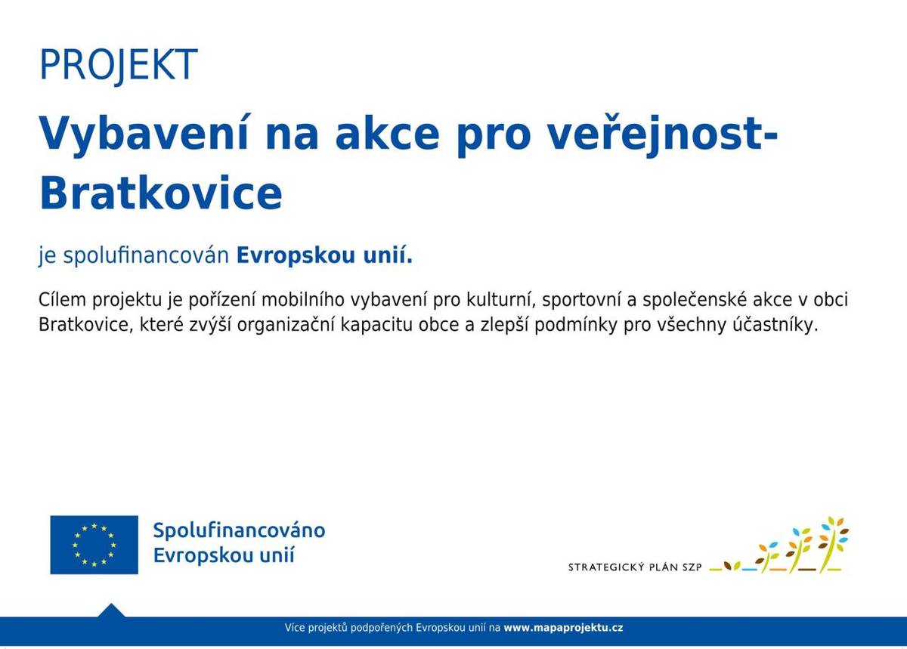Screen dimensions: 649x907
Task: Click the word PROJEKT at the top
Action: (118, 65)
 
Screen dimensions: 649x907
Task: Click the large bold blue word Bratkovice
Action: (160, 193)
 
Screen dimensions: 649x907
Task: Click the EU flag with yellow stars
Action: (94, 544)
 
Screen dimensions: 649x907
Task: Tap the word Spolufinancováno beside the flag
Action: (239, 530)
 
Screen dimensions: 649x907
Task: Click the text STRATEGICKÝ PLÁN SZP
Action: (636, 567)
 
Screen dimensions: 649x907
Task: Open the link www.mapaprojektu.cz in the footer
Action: (563, 628)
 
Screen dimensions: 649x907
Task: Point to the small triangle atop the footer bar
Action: (112, 610)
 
